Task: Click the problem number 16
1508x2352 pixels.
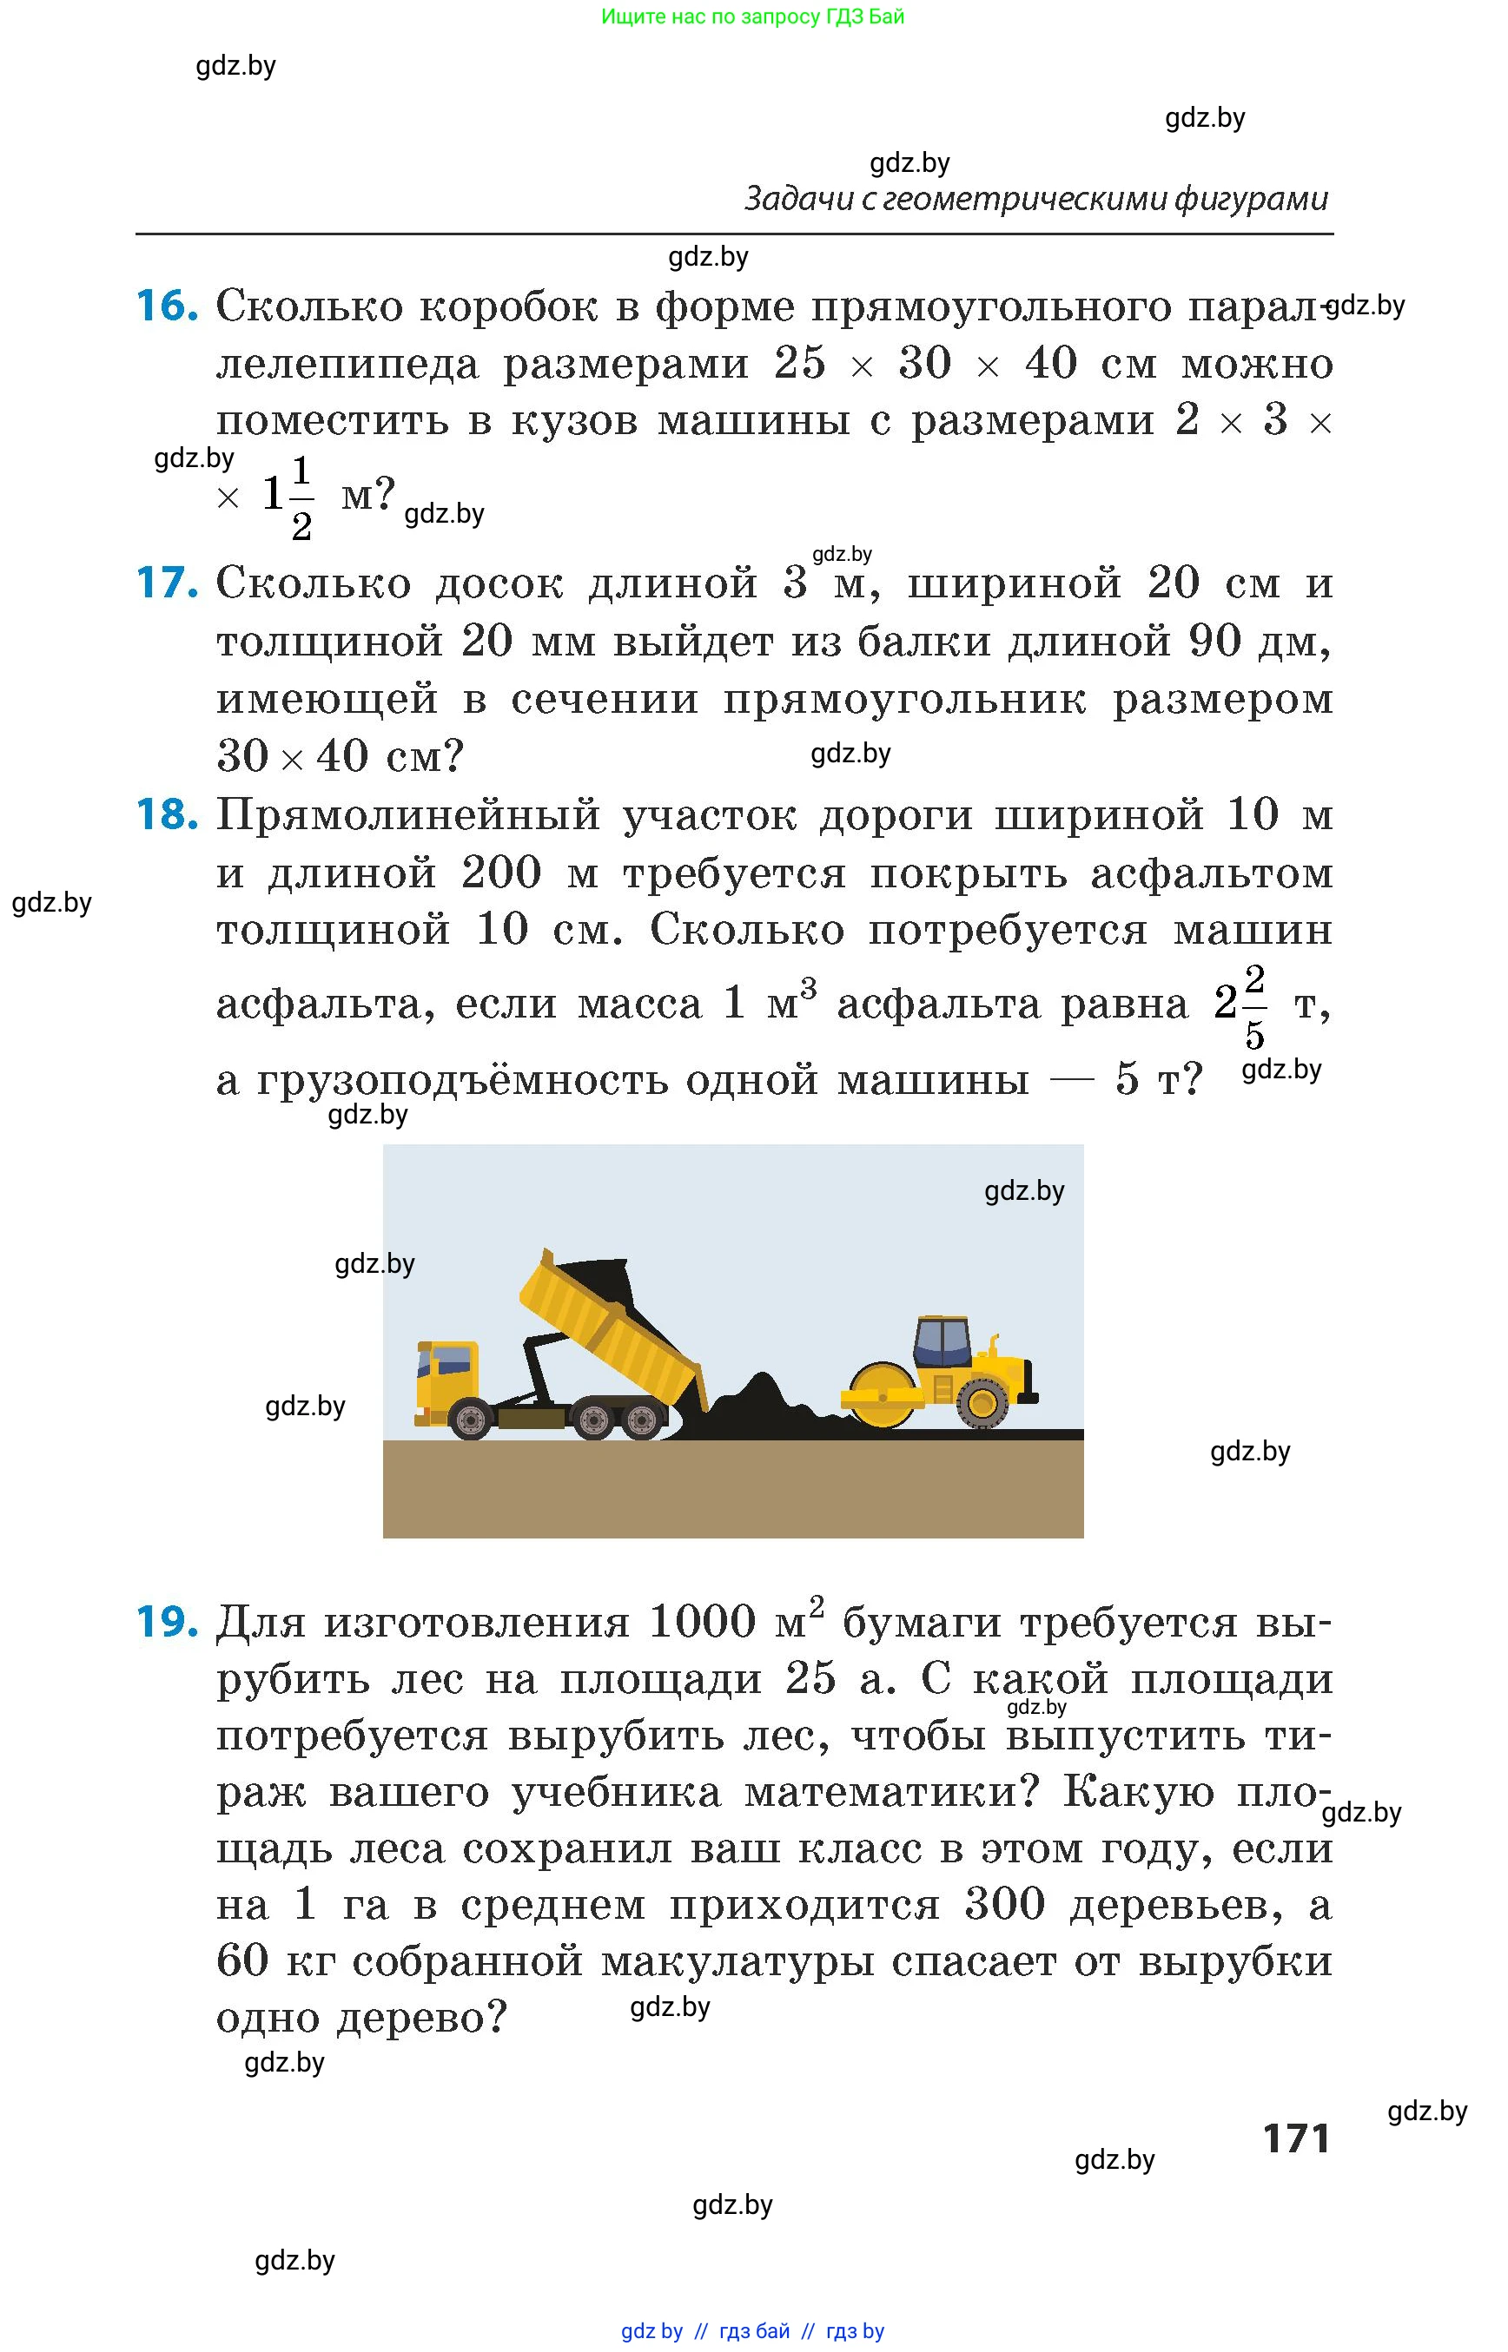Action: (167, 306)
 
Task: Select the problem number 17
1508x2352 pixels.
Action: (167, 583)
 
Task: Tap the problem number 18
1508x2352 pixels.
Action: (167, 815)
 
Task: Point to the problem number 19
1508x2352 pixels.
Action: (167, 1623)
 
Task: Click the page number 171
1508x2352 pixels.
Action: (1295, 2138)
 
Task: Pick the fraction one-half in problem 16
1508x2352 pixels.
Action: (301, 498)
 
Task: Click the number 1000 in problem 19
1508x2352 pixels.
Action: (702, 1623)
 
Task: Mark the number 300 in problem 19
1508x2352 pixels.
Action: (1005, 1904)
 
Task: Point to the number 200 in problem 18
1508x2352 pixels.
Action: (500, 873)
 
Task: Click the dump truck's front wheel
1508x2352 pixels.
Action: (470, 1419)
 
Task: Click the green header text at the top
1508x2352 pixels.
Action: (752, 16)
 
